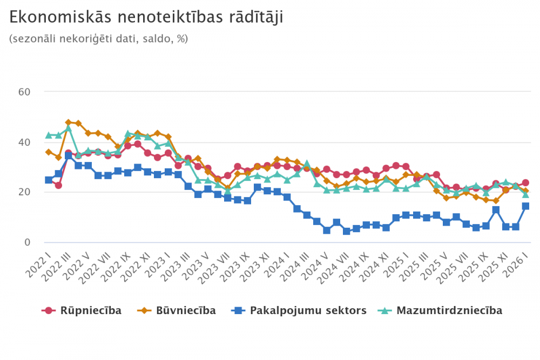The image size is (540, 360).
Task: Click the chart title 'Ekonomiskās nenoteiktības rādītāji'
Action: [x=146, y=17]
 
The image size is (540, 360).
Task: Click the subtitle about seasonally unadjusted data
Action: [x=99, y=39]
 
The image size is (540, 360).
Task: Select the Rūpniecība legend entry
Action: [x=82, y=310]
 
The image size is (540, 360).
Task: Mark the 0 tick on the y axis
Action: [x=26, y=242]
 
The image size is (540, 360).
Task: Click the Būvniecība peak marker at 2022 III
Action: [x=69, y=123]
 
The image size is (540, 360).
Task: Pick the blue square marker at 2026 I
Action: [x=525, y=206]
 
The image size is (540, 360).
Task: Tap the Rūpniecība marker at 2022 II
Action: [x=58, y=186]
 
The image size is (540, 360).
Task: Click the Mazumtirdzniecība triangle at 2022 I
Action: [x=49, y=135]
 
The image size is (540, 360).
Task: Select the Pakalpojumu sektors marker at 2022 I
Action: [x=49, y=180]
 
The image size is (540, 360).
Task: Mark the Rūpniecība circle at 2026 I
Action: [x=525, y=183]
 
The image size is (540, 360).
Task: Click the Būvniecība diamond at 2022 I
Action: [x=49, y=152]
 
